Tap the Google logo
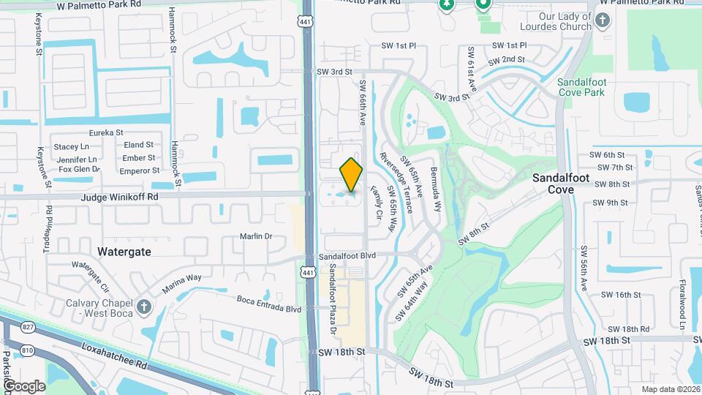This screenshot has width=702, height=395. (x=23, y=385)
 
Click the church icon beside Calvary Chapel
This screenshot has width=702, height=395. (x=144, y=305)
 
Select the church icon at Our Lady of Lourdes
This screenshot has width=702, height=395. (x=602, y=20)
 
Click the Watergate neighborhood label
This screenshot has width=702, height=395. (x=124, y=251)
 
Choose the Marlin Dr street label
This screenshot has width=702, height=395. (x=256, y=236)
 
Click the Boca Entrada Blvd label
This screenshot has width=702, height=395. (x=269, y=304)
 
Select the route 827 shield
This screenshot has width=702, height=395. (x=28, y=326)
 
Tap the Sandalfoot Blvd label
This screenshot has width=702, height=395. (x=348, y=256)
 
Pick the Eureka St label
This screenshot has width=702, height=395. (x=106, y=132)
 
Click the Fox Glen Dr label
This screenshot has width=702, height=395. (x=79, y=170)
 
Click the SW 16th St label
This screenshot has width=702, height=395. (x=622, y=295)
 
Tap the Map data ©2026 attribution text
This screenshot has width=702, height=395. (x=670, y=389)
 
